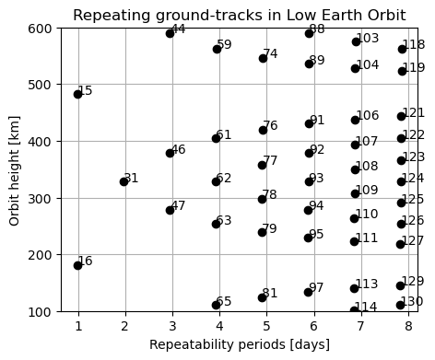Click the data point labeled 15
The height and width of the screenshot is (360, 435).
pos(77,94)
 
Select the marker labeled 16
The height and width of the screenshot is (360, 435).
pos(77,265)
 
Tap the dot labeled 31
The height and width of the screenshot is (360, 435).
pos(123,181)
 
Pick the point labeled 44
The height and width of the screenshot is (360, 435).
pos(170,33)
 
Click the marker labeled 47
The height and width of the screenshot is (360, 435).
pos(170,210)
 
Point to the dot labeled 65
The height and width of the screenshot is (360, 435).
pos(216,305)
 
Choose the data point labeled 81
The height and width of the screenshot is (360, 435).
pos(262,297)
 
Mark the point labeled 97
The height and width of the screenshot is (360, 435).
pos(308,292)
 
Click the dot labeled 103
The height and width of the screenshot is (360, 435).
pos(356,41)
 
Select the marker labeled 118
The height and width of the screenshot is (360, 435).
pos(402,49)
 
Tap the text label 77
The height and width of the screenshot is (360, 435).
pos(270,161)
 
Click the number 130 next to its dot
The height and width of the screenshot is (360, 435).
pos(412,302)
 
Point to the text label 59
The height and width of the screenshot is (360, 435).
pos(224,45)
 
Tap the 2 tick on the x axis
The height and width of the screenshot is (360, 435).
pos(124,325)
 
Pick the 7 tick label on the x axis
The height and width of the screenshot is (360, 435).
pos(360,325)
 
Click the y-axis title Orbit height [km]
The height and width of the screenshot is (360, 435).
pos(16,169)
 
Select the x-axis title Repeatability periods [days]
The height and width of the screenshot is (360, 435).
pos(239,345)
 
